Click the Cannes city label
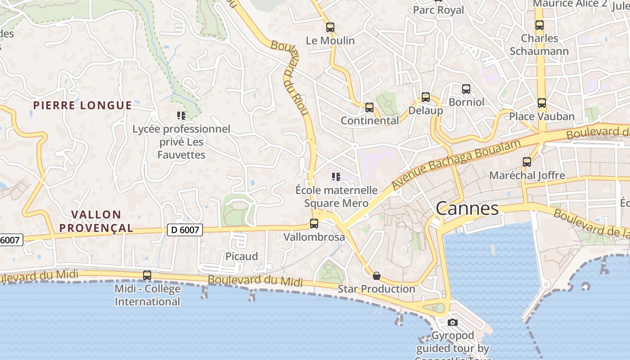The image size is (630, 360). coord(467,208)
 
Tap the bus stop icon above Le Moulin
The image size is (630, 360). coord(330,27)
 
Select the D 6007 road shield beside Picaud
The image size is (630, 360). coord(185,230)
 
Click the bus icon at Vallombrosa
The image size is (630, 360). coord(314,223)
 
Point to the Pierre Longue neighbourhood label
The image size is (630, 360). coord(83,105)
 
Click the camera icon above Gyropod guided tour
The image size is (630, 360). coord(453,322)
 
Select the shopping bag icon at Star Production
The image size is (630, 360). coord(377,276)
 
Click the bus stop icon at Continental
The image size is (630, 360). coord(369,107)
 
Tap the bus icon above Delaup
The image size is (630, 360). coord(425,97)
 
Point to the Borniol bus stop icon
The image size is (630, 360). coord(466,89)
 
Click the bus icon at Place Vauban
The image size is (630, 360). coord(542,103)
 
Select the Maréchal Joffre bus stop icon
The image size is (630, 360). coord(527,162)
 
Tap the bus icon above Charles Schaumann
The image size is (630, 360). coord(540,25)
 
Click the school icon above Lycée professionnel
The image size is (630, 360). coord(181,116)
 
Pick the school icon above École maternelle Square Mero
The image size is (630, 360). coord(336,176)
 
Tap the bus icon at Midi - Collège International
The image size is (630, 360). coord(147,275)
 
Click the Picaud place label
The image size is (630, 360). coord(242,256)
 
